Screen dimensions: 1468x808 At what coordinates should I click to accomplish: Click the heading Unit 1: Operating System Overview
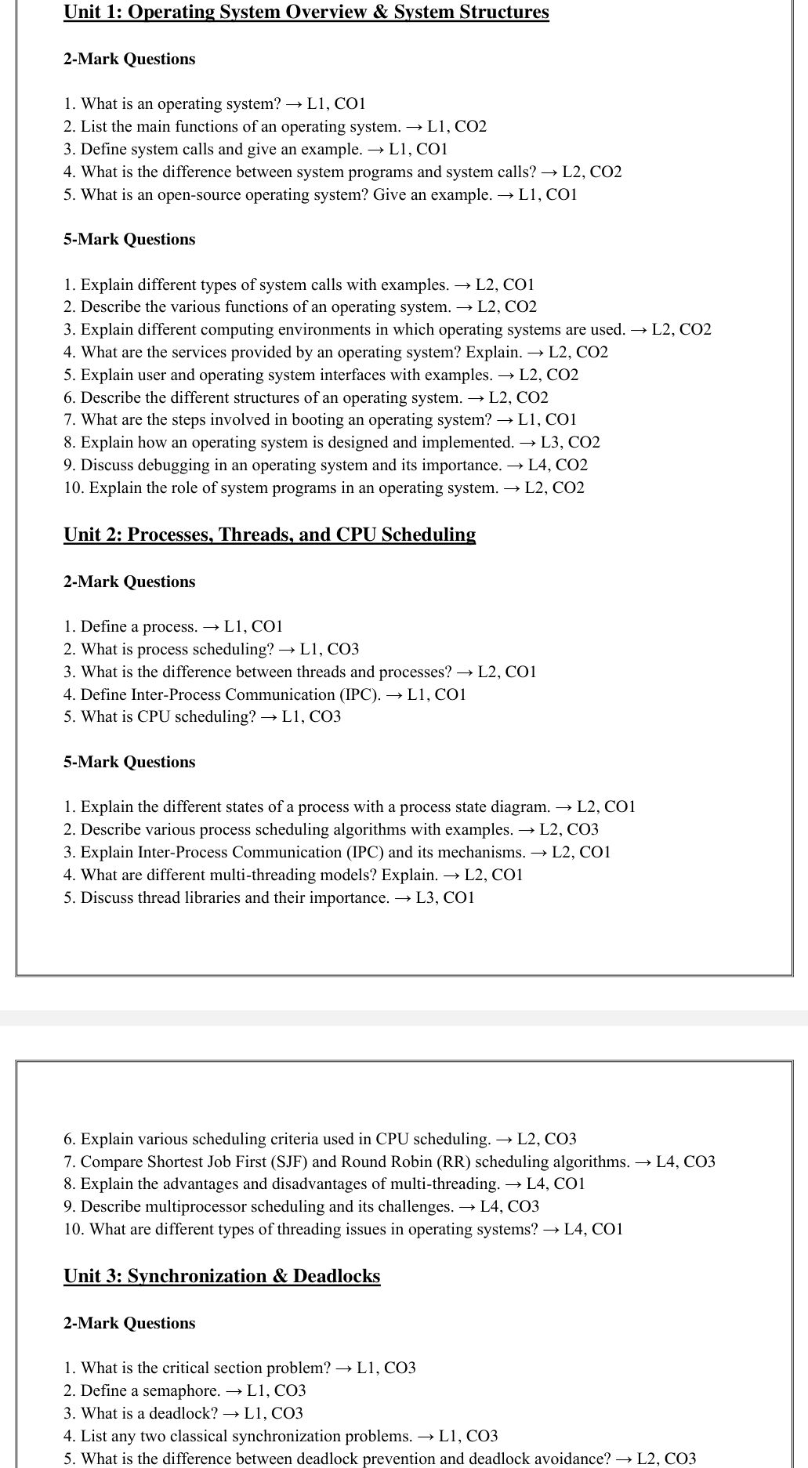[306, 13]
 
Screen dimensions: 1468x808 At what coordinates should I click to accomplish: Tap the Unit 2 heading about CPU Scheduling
[270, 535]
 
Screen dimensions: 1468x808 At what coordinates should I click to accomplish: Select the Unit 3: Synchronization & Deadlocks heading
[222, 1276]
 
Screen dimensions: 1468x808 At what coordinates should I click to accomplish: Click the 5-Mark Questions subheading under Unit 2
[129, 762]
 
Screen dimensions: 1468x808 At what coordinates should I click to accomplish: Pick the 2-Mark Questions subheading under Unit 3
[129, 1323]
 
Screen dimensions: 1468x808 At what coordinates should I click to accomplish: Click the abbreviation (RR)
[453, 1162]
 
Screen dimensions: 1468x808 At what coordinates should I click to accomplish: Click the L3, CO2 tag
[571, 443]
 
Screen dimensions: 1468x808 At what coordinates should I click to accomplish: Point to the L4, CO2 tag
[558, 466]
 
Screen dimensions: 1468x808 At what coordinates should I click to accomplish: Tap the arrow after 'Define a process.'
[211, 627]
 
